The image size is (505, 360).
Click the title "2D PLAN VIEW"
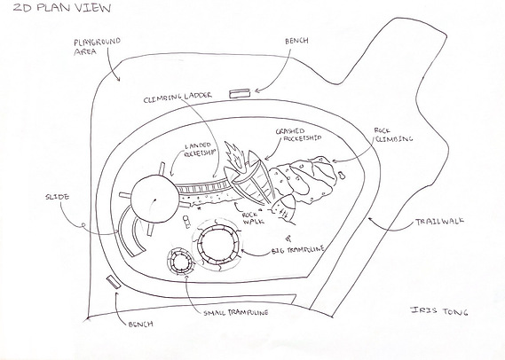[x=62, y=7]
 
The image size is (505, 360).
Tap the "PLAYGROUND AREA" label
[x=97, y=46]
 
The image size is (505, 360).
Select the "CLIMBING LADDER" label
[x=178, y=98]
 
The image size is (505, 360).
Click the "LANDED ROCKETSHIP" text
[x=199, y=150]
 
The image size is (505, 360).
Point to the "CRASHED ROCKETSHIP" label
[x=298, y=135]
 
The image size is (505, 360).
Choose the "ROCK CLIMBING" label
[x=393, y=135]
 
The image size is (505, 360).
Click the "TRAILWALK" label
[x=439, y=221]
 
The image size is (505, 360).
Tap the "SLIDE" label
[x=58, y=197]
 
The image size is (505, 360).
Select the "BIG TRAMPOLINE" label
[x=298, y=250]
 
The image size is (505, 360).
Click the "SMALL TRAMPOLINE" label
[x=236, y=312]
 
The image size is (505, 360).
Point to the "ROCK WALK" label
[x=253, y=218]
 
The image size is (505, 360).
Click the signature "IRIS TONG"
[x=439, y=310]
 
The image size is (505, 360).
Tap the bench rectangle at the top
[x=240, y=93]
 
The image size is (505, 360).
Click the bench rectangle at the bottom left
[x=113, y=282]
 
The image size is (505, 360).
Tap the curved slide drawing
[x=120, y=231]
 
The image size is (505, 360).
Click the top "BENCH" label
[x=296, y=41]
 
